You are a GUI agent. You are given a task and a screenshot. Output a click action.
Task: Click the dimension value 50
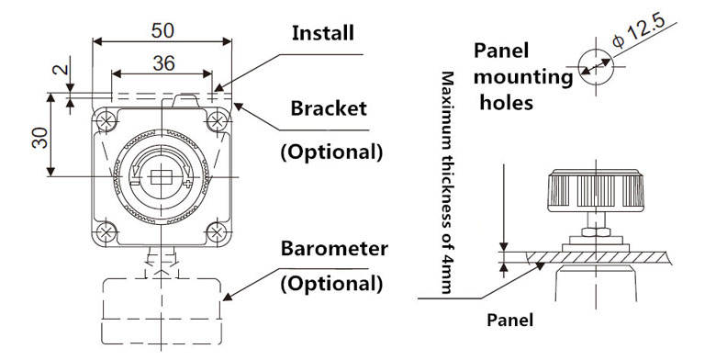click(x=162, y=30)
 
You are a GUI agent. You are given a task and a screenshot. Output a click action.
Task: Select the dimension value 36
click(x=163, y=63)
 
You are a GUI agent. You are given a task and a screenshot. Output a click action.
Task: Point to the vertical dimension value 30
click(x=40, y=137)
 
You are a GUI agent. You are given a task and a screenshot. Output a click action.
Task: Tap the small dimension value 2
click(x=62, y=69)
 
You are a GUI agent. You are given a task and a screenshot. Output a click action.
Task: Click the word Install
click(x=323, y=33)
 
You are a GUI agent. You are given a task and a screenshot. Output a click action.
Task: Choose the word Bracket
click(x=329, y=108)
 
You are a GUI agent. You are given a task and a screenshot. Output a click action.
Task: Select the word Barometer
click(x=334, y=249)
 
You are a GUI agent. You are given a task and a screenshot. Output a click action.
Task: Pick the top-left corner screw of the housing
click(x=107, y=121)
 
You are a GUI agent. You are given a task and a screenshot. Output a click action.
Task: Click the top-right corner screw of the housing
click(x=217, y=121)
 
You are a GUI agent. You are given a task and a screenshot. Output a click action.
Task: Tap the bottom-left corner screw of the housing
click(x=106, y=232)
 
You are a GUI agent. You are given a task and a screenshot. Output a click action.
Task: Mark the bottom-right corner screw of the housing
click(x=217, y=232)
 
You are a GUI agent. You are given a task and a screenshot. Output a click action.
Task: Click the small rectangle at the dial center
click(x=161, y=176)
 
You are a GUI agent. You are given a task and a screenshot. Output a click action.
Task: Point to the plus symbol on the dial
click(x=187, y=183)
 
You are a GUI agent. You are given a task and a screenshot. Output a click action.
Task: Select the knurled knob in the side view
click(x=596, y=190)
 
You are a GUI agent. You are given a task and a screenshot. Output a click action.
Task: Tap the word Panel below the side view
click(x=509, y=320)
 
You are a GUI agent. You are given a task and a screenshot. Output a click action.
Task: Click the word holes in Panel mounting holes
click(x=507, y=102)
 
